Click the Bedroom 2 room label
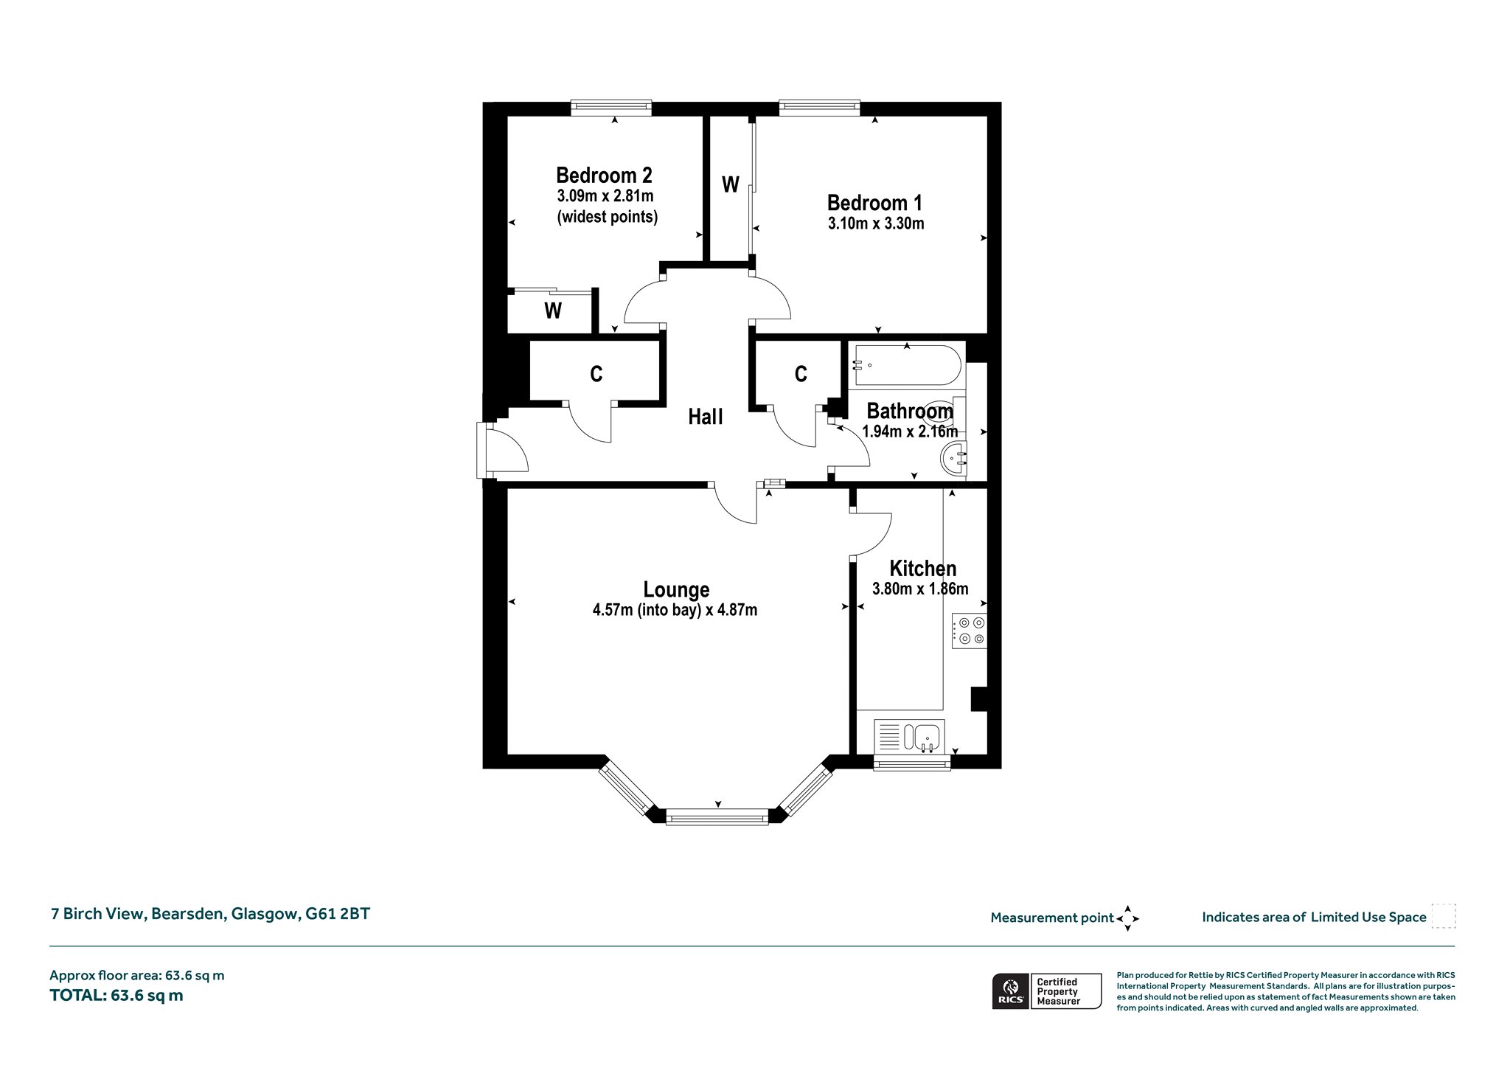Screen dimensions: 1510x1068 coord(604,176)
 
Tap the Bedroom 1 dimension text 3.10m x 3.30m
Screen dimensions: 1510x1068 coord(876,223)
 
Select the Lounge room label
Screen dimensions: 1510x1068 coord(676,589)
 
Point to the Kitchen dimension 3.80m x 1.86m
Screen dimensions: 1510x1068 coord(920,589)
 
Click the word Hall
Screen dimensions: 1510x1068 coord(706,417)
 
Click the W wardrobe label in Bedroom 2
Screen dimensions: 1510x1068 coord(553,311)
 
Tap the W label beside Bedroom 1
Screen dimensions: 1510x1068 coord(730,184)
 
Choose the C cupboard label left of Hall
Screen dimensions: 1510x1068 coord(596,375)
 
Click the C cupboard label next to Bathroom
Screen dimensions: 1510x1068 coord(801,375)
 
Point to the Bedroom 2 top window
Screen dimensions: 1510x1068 coord(611,108)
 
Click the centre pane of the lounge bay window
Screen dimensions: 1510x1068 coord(717,816)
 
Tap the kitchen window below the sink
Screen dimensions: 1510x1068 coord(912,763)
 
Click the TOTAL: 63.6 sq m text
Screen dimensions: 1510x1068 coord(116,996)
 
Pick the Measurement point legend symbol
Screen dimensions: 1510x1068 coord(1127,918)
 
